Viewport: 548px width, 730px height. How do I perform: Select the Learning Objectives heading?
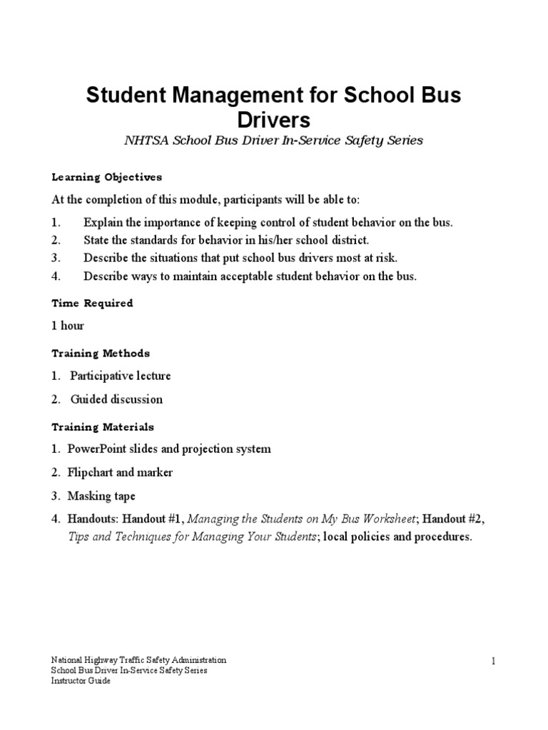[x=106, y=177]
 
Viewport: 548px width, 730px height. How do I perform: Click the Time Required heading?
[x=92, y=303]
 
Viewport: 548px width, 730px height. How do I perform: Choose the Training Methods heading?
[x=100, y=353]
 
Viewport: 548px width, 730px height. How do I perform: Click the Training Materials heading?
[x=102, y=427]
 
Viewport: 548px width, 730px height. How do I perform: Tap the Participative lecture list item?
[x=120, y=376]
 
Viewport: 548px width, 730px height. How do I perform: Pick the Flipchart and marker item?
[x=120, y=473]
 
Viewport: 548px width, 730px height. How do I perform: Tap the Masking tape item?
[x=101, y=496]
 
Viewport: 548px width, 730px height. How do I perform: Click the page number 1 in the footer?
[x=492, y=662]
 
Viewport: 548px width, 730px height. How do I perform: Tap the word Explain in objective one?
[x=103, y=222]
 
